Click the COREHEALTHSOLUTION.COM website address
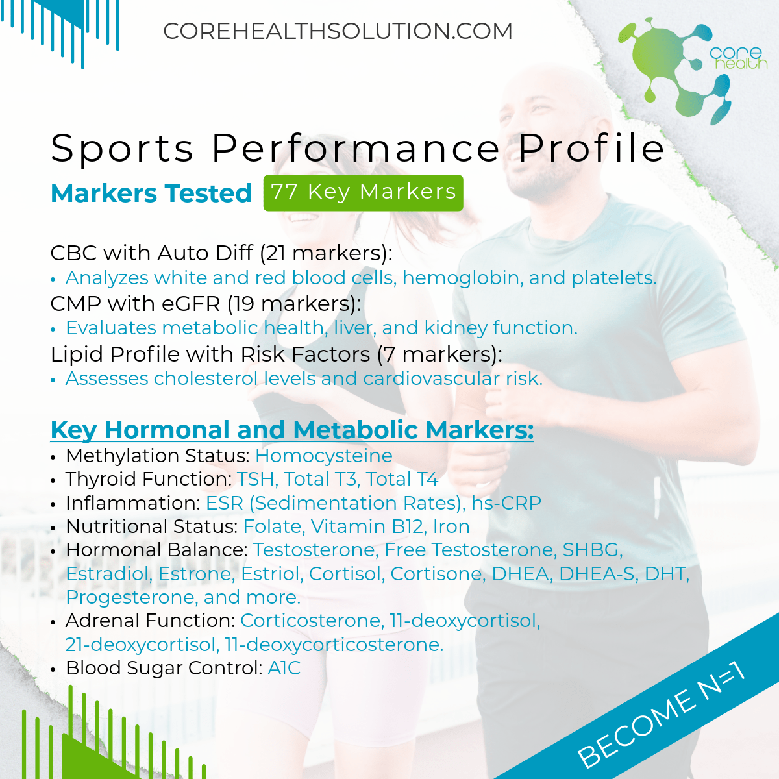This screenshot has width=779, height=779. (x=338, y=31)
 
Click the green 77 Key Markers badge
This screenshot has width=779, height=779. (x=363, y=193)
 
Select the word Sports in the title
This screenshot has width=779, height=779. (x=122, y=149)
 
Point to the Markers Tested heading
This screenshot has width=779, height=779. (x=151, y=193)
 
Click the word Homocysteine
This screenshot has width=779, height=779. (x=324, y=456)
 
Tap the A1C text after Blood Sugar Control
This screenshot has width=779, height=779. (x=284, y=667)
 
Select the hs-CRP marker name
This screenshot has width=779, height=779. (x=506, y=503)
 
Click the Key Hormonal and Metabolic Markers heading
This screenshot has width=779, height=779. (x=292, y=429)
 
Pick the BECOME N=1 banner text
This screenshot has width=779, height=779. (x=662, y=713)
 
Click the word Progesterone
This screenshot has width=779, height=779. (x=132, y=597)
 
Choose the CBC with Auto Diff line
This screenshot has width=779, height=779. (x=221, y=253)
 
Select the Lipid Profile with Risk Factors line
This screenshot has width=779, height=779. (x=276, y=354)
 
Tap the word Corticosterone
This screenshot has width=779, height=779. (x=312, y=621)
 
